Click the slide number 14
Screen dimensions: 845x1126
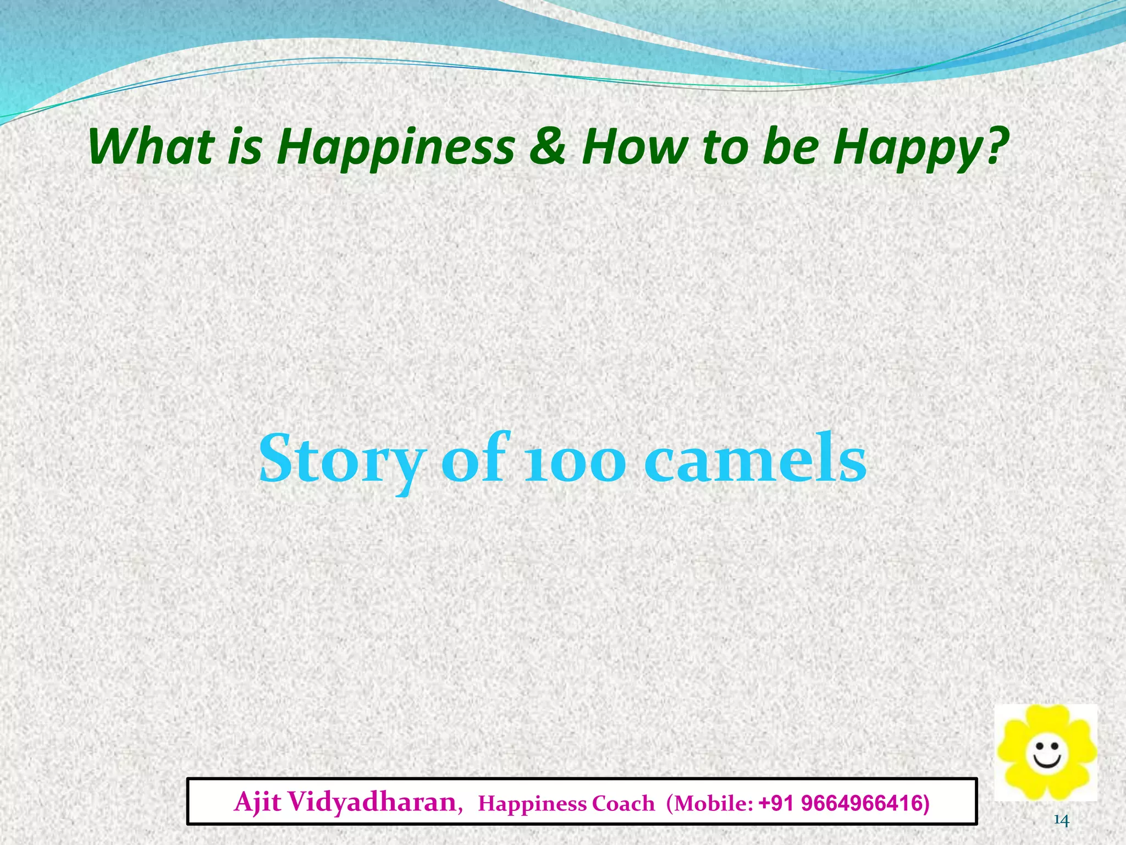pyautogui.click(x=1061, y=821)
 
